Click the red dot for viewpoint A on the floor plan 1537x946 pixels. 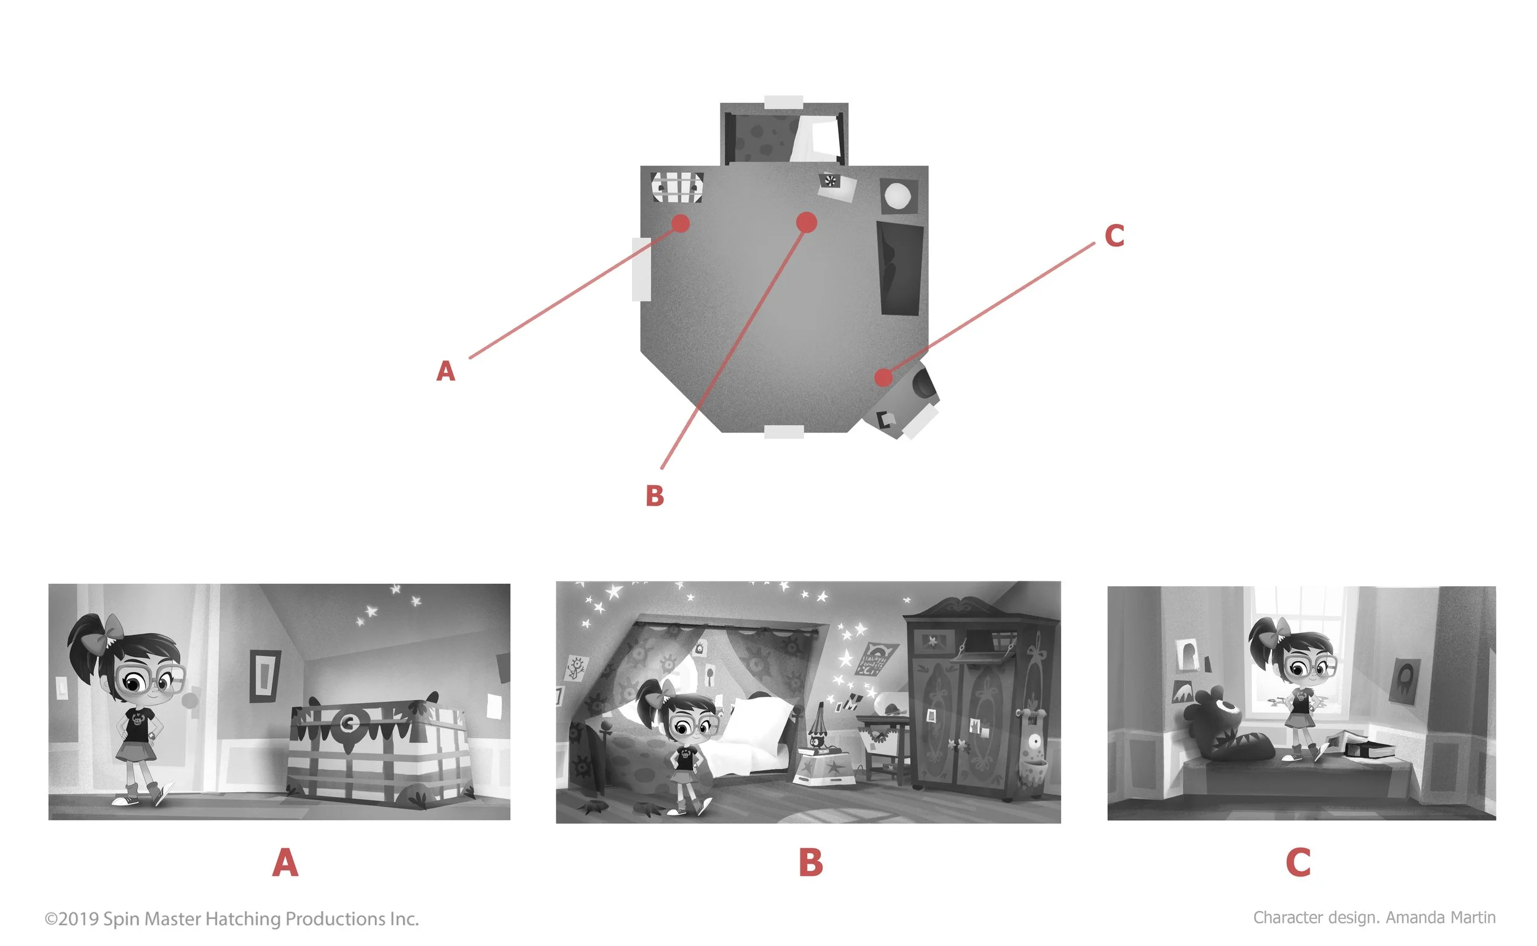coord(681,223)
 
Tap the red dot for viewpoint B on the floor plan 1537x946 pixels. coord(807,222)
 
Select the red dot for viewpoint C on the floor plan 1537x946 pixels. coord(883,377)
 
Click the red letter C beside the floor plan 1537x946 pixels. coord(1114,236)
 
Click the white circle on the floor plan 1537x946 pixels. coord(898,195)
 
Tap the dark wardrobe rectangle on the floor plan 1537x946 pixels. coord(901,268)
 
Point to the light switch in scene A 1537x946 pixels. coord(61,688)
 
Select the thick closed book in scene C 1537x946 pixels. coord(1369,750)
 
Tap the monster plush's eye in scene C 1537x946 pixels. coord(1228,709)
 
